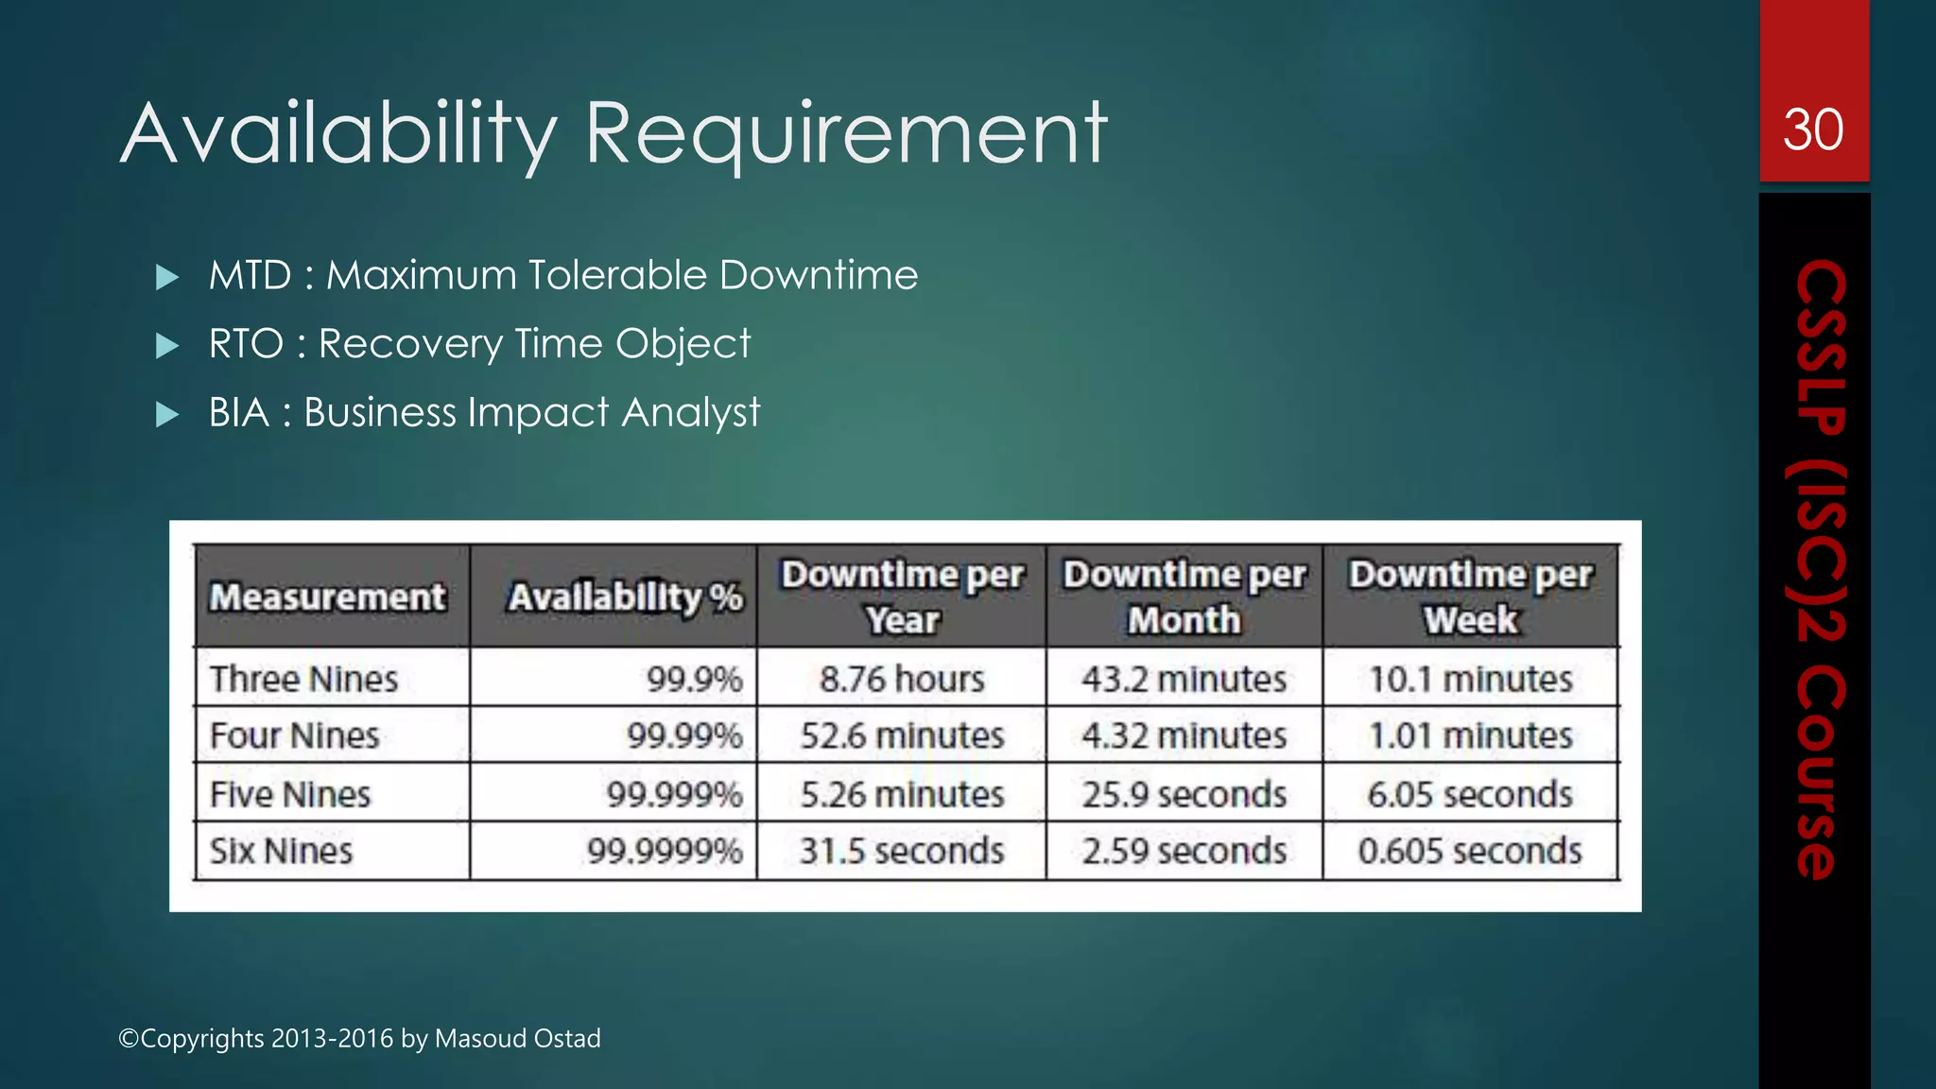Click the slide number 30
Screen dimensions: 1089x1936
(1813, 130)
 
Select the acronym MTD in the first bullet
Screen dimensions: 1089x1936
(251, 276)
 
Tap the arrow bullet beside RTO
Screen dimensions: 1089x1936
(167, 345)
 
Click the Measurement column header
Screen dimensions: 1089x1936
(327, 597)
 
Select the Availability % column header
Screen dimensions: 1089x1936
(625, 597)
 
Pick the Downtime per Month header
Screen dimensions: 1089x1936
(1184, 597)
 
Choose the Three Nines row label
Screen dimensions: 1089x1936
(303, 679)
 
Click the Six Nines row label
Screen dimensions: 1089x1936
(281, 851)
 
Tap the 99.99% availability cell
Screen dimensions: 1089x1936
(684, 735)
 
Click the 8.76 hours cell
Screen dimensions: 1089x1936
(902, 679)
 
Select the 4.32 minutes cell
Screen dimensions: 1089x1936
(1184, 735)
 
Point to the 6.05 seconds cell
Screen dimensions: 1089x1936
(1470, 794)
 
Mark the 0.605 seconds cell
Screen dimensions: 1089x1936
(1470, 851)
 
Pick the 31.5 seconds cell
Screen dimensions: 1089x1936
(902, 851)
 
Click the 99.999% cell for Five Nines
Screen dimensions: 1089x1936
(674, 794)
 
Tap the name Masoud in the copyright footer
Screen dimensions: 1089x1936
(474, 1038)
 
